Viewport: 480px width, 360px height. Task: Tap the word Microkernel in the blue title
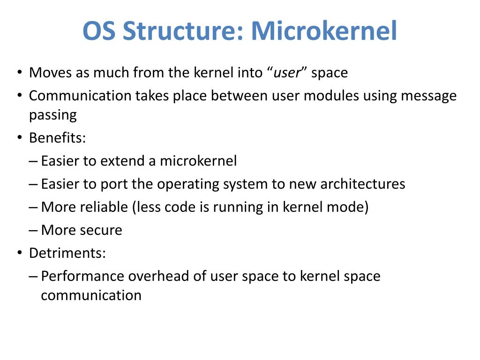(x=324, y=31)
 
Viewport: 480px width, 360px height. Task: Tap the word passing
(x=52, y=115)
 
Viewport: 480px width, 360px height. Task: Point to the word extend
(x=122, y=161)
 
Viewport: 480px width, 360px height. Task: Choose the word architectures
(x=362, y=184)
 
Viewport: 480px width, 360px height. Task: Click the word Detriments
(x=67, y=253)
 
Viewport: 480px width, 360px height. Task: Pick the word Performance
(x=77, y=276)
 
